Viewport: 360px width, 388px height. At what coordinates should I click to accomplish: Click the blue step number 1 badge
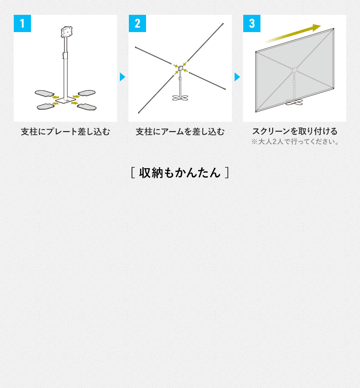point(22,23)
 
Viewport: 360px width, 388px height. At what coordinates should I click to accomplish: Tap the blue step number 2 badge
point(137,23)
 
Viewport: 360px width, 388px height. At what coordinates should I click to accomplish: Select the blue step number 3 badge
point(252,23)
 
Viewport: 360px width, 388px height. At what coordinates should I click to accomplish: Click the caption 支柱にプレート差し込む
point(65,132)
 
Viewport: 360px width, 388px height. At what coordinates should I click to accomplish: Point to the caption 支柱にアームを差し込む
point(180,132)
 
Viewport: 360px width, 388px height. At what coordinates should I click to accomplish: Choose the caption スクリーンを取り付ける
point(295,131)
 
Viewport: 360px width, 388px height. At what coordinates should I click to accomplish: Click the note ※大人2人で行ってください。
point(295,142)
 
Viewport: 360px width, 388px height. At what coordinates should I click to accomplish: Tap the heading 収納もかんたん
point(180,173)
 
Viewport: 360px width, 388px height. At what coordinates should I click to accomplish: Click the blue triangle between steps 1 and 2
point(122,77)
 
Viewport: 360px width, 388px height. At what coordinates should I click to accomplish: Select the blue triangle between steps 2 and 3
point(237,77)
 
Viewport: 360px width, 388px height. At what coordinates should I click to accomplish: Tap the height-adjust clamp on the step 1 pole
point(65,55)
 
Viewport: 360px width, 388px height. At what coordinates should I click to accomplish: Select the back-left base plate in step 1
point(44,93)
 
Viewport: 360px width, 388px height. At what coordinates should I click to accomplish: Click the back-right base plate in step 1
point(86,93)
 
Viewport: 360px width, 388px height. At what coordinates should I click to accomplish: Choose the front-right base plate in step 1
point(86,107)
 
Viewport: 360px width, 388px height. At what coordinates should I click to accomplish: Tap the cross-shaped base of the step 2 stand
point(181,98)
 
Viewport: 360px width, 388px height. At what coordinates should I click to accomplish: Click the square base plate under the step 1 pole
point(65,100)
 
